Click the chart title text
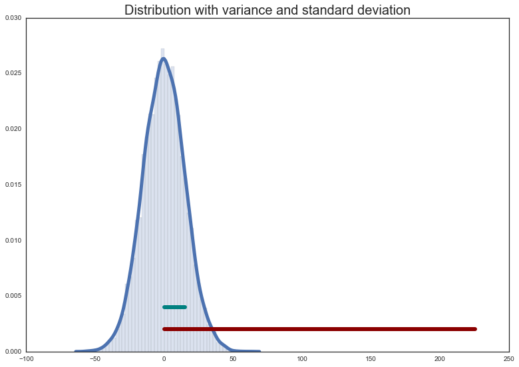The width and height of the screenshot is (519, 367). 267,10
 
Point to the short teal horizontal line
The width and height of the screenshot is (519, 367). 174,307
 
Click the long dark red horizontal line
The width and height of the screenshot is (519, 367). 319,329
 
